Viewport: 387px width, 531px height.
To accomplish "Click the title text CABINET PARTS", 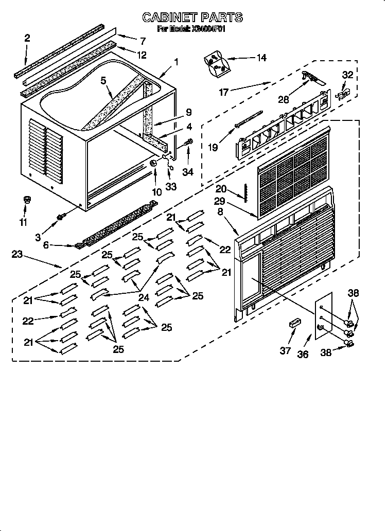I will tap(192, 17).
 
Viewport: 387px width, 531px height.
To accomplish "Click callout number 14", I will tap(261, 58).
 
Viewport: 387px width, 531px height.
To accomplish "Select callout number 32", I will tap(348, 75).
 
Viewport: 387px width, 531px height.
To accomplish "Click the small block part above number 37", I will tap(294, 324).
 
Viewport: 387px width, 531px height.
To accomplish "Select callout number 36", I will tap(303, 354).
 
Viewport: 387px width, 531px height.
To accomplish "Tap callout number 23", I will tap(17, 254).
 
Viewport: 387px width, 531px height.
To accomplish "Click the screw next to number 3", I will tap(61, 218).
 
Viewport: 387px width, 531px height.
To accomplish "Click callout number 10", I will tap(156, 192).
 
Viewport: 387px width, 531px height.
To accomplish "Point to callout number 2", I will tap(27, 37).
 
